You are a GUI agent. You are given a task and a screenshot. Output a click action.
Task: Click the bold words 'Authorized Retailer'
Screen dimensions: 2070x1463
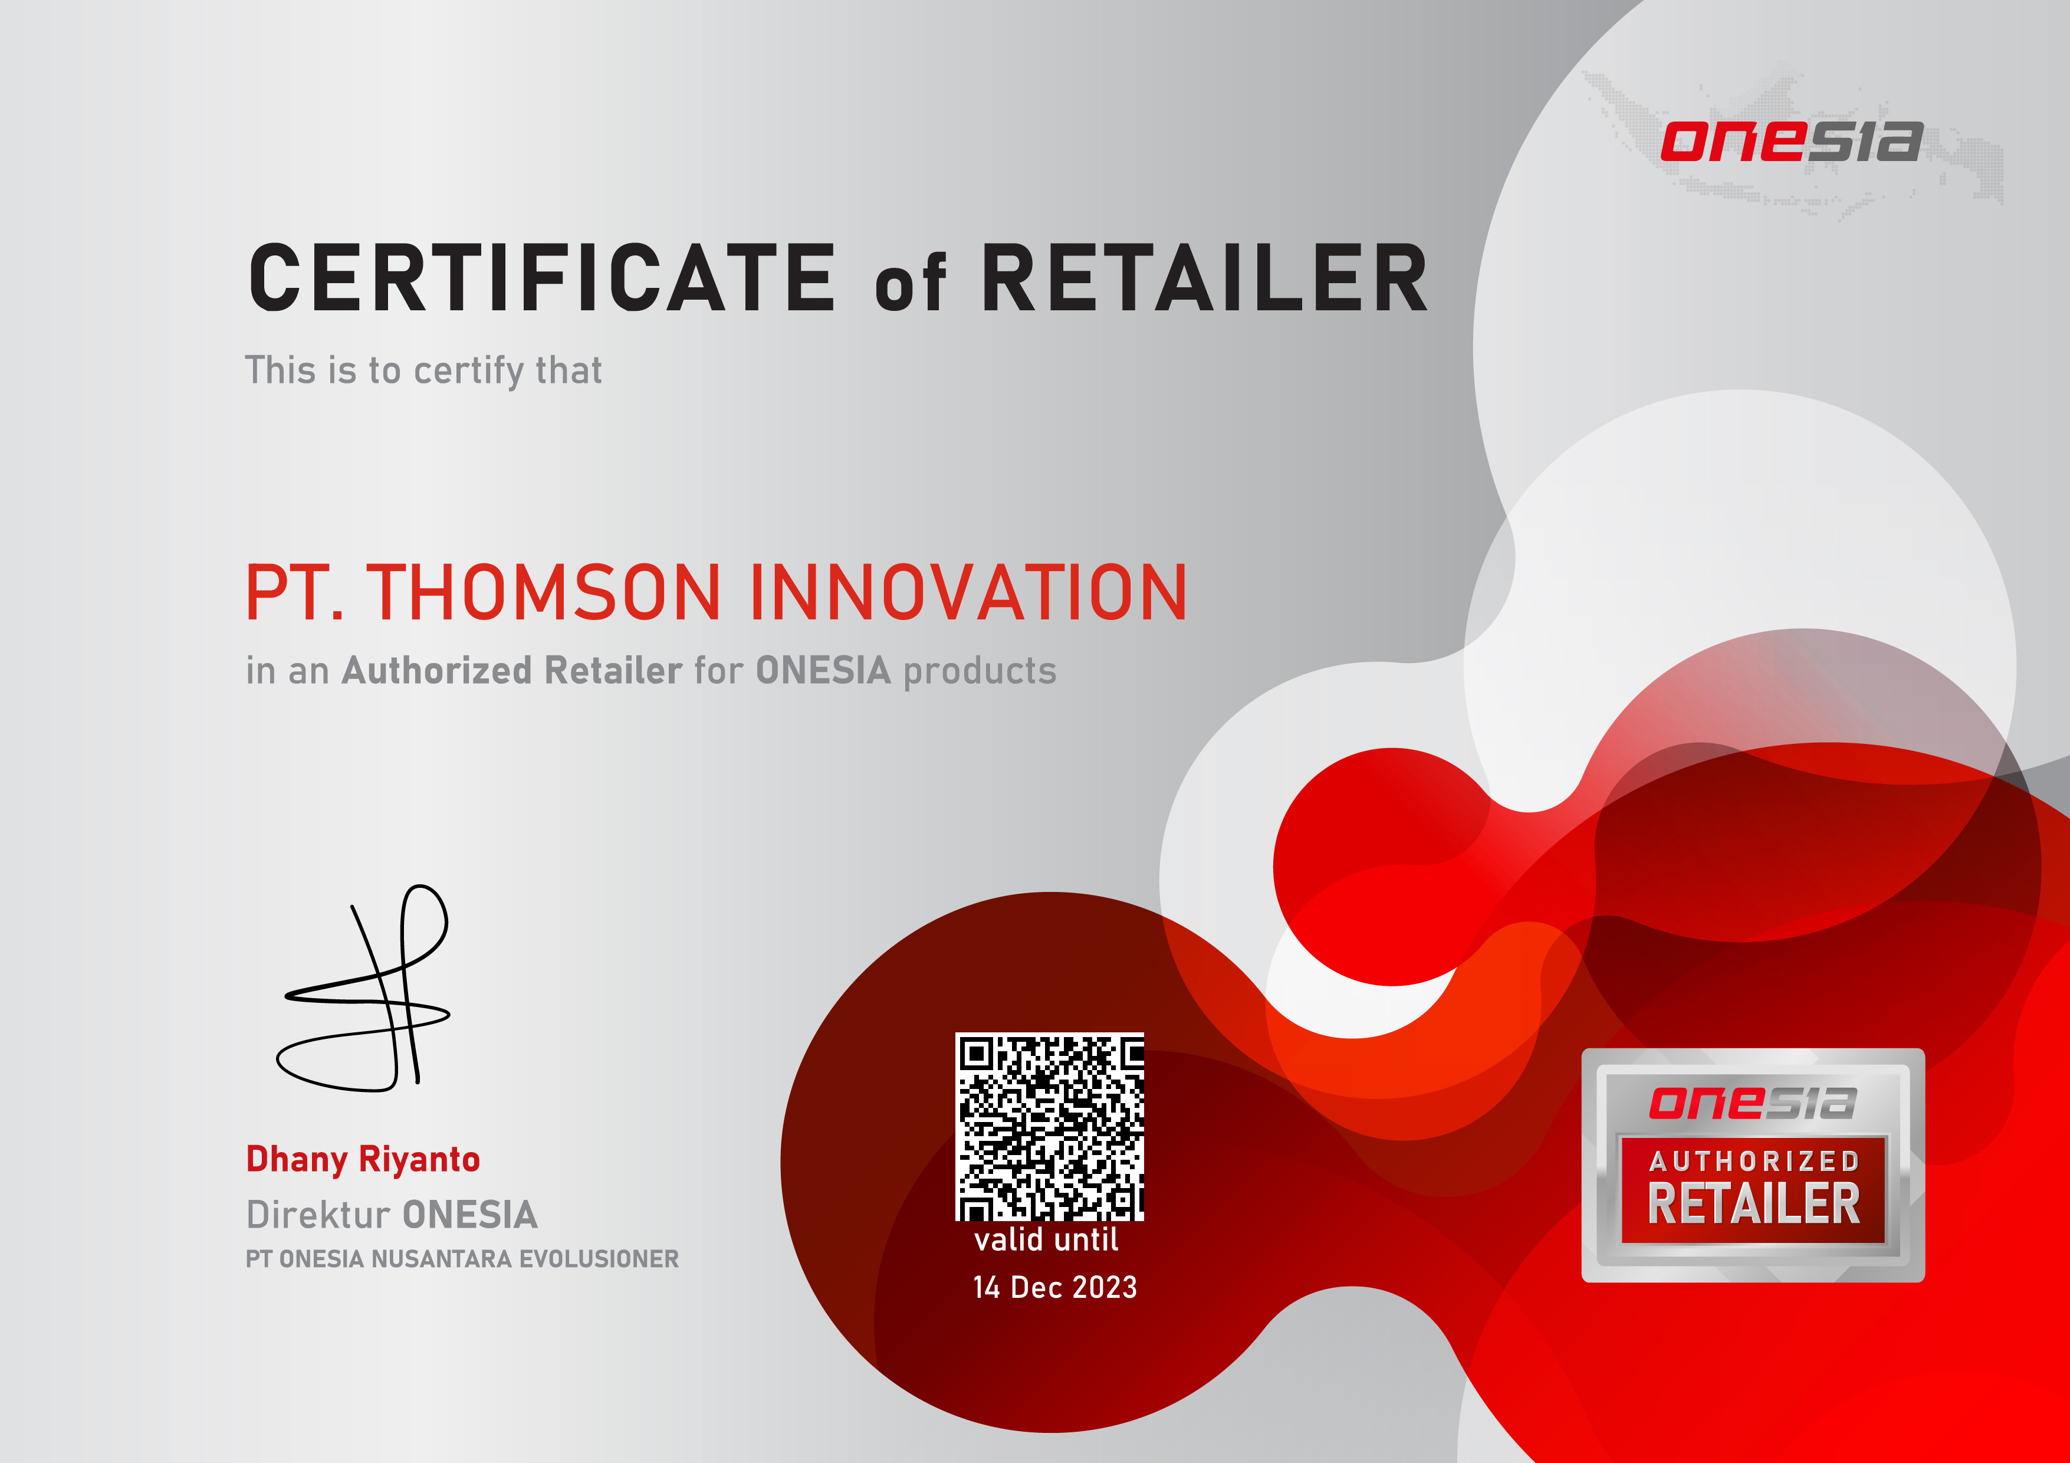coord(511,670)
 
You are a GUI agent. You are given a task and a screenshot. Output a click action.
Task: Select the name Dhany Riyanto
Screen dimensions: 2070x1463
coord(363,1160)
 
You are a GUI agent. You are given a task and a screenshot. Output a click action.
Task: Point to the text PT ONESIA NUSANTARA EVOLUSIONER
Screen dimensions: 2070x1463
coord(462,1259)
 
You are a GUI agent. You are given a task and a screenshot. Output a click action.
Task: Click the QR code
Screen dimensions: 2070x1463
coord(1049,1127)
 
